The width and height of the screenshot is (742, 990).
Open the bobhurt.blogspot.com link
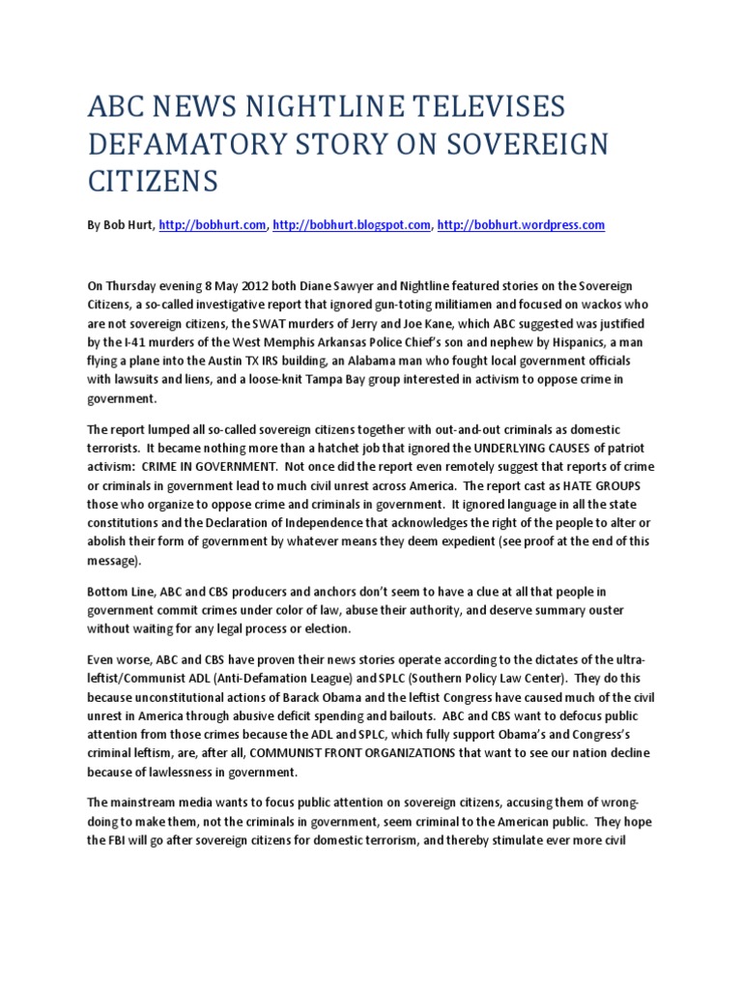pos(352,224)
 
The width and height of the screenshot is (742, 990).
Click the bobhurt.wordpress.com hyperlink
pos(521,224)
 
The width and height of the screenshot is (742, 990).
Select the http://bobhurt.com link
pos(212,224)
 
